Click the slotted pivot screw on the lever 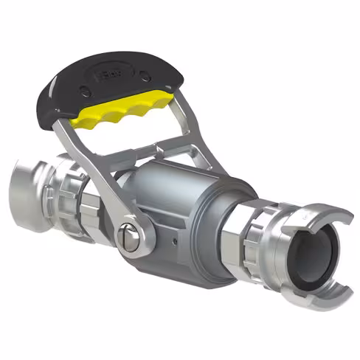pyautogui.click(x=129, y=238)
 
